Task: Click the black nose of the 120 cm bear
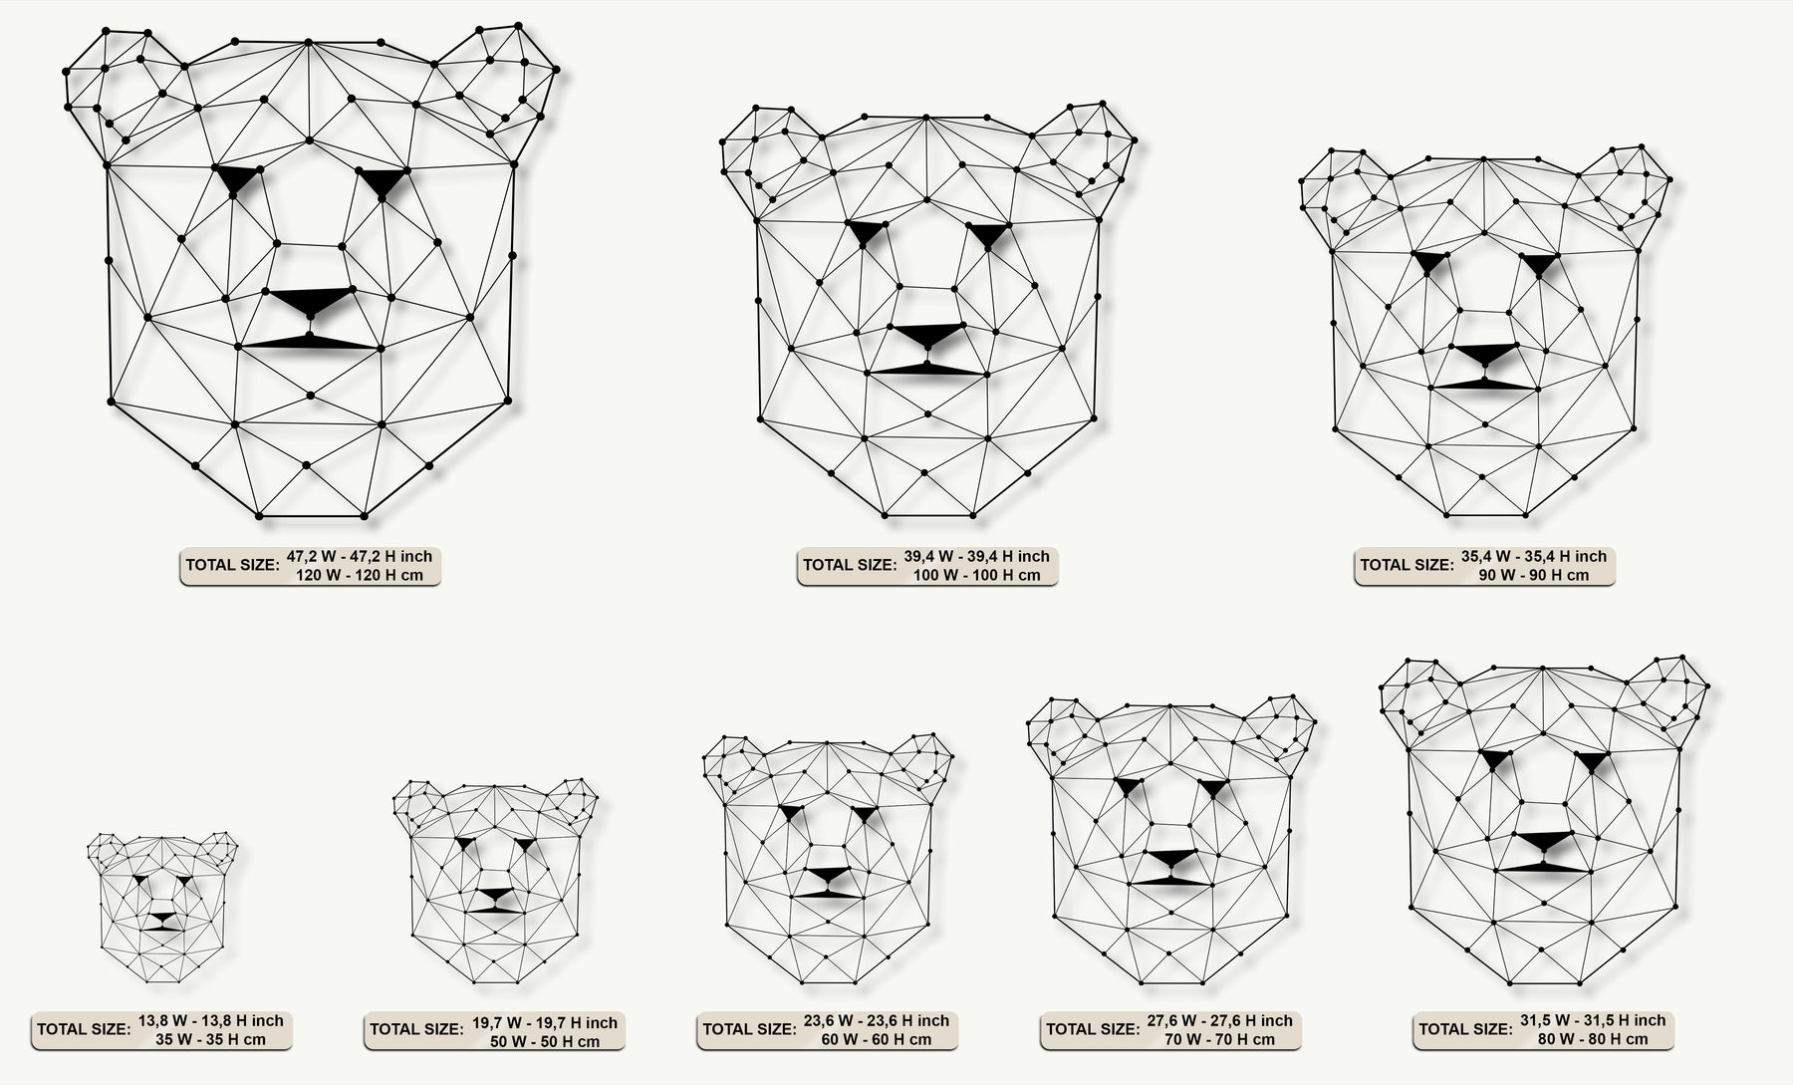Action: tap(311, 302)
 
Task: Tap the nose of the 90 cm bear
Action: tap(1484, 354)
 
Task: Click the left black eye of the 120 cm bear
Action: tap(236, 179)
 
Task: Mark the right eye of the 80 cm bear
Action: tap(1591, 762)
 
